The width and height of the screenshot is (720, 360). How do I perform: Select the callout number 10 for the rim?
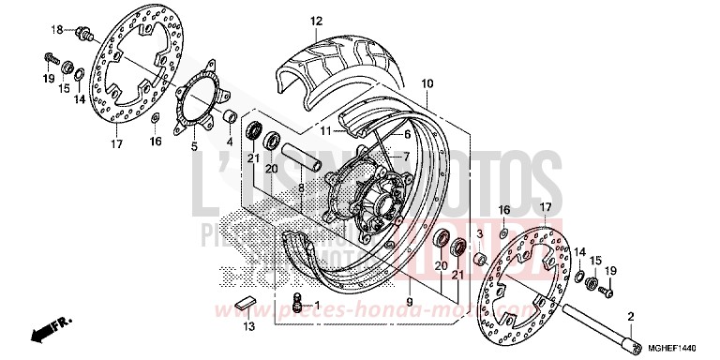(427, 83)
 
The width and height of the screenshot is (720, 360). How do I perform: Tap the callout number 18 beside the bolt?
(55, 30)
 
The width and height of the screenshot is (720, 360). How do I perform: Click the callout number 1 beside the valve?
(316, 304)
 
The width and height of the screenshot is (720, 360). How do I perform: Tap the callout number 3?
(479, 233)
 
